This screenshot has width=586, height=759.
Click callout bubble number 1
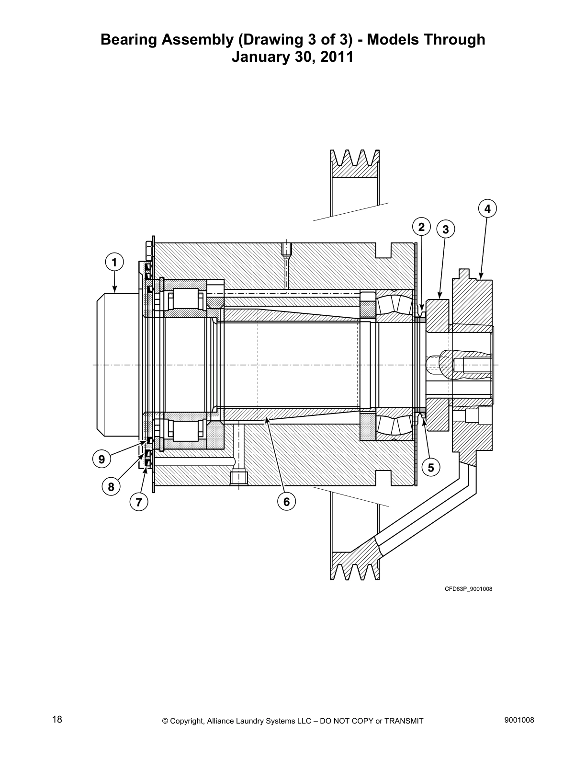(x=114, y=262)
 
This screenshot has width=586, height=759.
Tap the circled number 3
(x=446, y=230)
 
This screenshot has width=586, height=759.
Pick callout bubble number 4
(x=487, y=209)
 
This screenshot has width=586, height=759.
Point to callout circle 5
(x=431, y=467)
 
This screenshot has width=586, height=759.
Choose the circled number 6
(x=286, y=502)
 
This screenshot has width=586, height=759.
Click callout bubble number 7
(x=139, y=502)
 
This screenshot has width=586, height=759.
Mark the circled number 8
(x=111, y=487)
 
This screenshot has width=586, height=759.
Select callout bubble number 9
(x=101, y=459)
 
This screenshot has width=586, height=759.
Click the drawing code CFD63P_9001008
(x=468, y=589)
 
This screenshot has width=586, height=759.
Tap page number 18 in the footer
(x=57, y=720)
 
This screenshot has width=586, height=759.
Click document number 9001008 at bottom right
(x=519, y=720)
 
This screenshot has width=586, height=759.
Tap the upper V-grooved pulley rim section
(x=355, y=165)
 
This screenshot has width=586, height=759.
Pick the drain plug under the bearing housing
(x=238, y=478)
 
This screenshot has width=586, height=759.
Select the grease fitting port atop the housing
(x=286, y=249)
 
